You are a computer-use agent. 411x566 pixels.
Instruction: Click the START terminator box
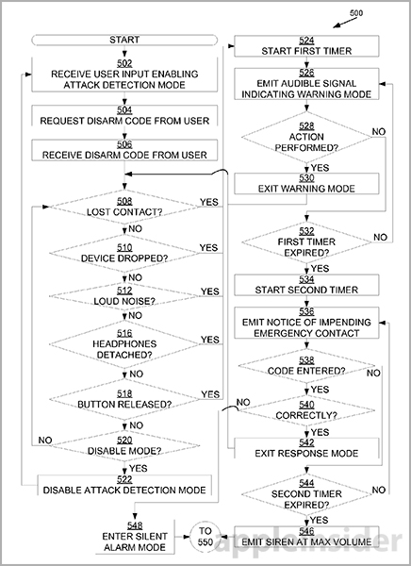pos(124,40)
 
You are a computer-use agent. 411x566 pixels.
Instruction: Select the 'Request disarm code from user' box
pos(124,115)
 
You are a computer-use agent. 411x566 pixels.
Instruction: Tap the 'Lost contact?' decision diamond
pos(124,207)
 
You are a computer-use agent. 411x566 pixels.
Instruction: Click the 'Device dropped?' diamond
pos(124,253)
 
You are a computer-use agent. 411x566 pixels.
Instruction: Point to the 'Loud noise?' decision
pos(124,296)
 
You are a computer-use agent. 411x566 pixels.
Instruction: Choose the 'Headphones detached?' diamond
pos(124,344)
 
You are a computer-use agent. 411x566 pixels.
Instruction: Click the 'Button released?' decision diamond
pos(124,399)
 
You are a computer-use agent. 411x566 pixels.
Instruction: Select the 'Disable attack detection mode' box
pos(124,485)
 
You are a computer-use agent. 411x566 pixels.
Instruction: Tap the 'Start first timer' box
pos(306,46)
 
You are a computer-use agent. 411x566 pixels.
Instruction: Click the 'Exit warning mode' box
pos(306,183)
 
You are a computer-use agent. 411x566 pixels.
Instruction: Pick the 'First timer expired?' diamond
pos(306,242)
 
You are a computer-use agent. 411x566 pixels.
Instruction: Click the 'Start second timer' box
pos(306,285)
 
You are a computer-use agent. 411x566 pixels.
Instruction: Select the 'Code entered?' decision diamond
pos(306,366)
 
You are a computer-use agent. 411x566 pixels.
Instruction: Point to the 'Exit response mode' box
pos(306,448)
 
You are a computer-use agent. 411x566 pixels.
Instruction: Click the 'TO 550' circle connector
pos(205,537)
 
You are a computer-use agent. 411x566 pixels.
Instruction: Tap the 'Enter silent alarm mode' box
pos(135,537)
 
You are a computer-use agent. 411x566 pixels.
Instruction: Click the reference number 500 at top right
pos(355,13)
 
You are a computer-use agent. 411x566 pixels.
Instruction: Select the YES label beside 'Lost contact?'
pos(209,202)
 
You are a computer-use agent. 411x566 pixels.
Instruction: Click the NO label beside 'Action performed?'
pos(379,132)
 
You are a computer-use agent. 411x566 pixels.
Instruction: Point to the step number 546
pos(306,531)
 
